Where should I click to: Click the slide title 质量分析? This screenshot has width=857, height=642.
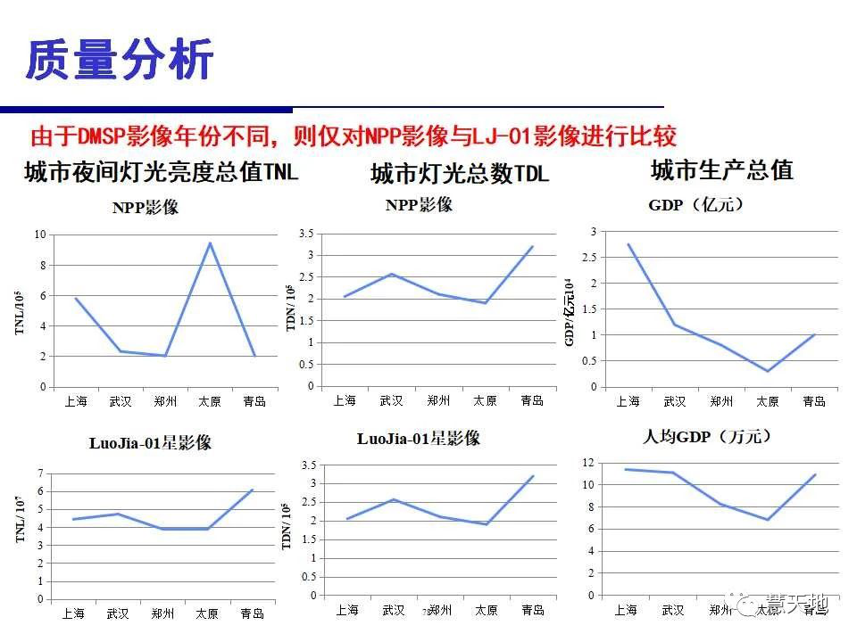[120, 61]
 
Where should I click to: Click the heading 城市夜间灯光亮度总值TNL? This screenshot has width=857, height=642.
[161, 171]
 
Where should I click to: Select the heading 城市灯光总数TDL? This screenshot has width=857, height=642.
[459, 173]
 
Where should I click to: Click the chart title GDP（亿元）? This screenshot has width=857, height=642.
[695, 204]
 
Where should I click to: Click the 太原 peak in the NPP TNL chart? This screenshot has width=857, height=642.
[210, 243]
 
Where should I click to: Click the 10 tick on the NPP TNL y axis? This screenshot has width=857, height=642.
[39, 235]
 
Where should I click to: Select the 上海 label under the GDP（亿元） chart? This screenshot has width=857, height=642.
[628, 401]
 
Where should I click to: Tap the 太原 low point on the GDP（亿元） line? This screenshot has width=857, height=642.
[767, 371]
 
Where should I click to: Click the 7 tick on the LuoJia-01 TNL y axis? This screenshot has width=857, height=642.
[40, 473]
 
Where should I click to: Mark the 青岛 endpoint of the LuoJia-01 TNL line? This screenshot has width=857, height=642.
[253, 490]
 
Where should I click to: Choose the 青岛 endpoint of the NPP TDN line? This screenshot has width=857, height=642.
[532, 246]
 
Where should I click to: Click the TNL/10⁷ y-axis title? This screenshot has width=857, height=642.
[20, 521]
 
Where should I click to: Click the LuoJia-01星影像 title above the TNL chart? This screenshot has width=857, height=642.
[150, 443]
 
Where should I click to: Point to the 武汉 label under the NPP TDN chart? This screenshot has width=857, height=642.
[391, 400]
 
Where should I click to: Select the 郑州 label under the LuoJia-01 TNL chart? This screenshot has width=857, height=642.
[162, 613]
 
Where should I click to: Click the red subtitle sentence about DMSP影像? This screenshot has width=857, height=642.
[354, 136]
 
